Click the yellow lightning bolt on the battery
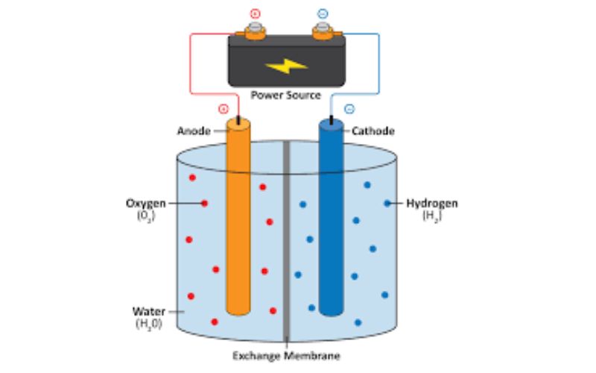pyautogui.click(x=286, y=66)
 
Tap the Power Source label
pyautogui.click(x=286, y=95)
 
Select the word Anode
pyautogui.click(x=194, y=131)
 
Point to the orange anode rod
pyautogui.click(x=238, y=217)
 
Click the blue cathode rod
pyautogui.click(x=331, y=218)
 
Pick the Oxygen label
pyautogui.click(x=146, y=204)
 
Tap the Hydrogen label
pyautogui.click(x=432, y=203)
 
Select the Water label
pyautogui.click(x=148, y=311)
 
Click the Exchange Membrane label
pyautogui.click(x=286, y=356)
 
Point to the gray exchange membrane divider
pyautogui.click(x=286, y=241)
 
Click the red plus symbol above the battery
pyautogui.click(x=255, y=14)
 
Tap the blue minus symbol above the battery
pyautogui.click(x=323, y=14)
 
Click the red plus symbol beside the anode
pyautogui.click(x=223, y=109)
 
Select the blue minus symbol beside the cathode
pyautogui.click(x=349, y=109)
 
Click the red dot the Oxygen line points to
pyautogui.click(x=204, y=204)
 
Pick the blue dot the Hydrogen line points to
pyautogui.click(x=387, y=203)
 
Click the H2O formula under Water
pyautogui.click(x=149, y=324)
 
